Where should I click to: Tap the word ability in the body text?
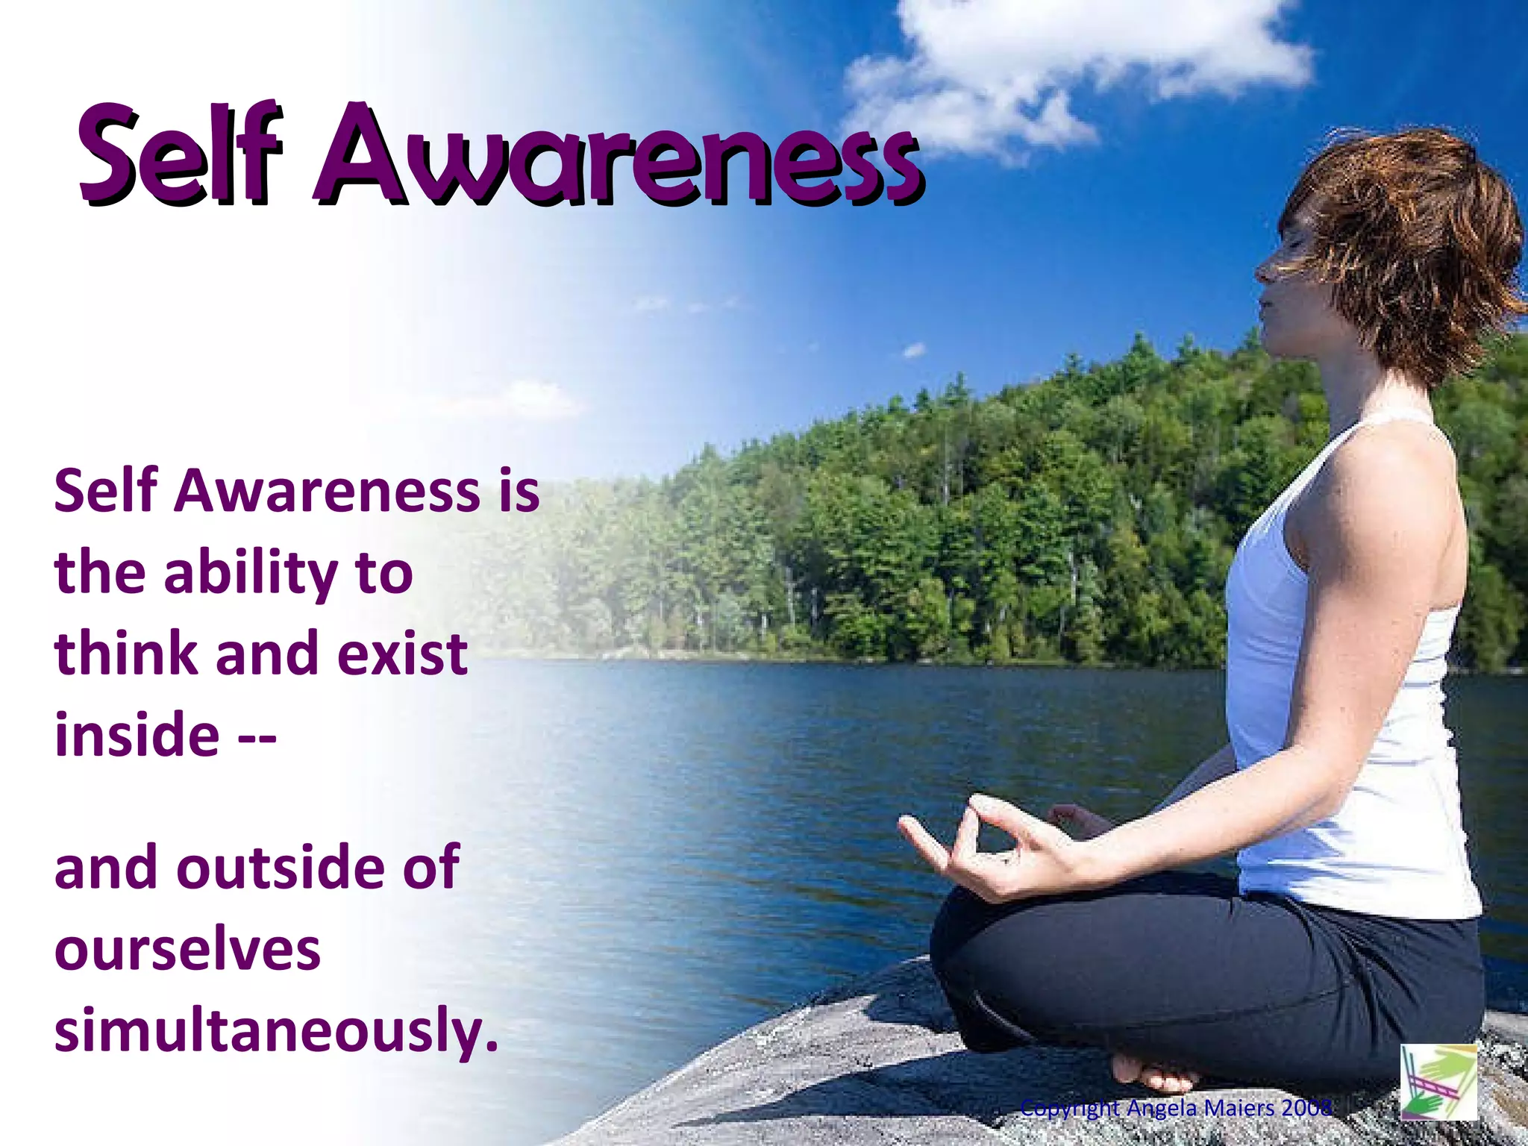(x=251, y=574)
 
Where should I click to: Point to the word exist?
(x=403, y=654)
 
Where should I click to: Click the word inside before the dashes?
(x=137, y=735)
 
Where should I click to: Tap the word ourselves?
(x=187, y=951)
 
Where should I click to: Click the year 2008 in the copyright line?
(x=1306, y=1108)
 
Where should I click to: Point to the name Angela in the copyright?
(x=1161, y=1109)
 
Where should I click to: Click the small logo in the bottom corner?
(x=1438, y=1081)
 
